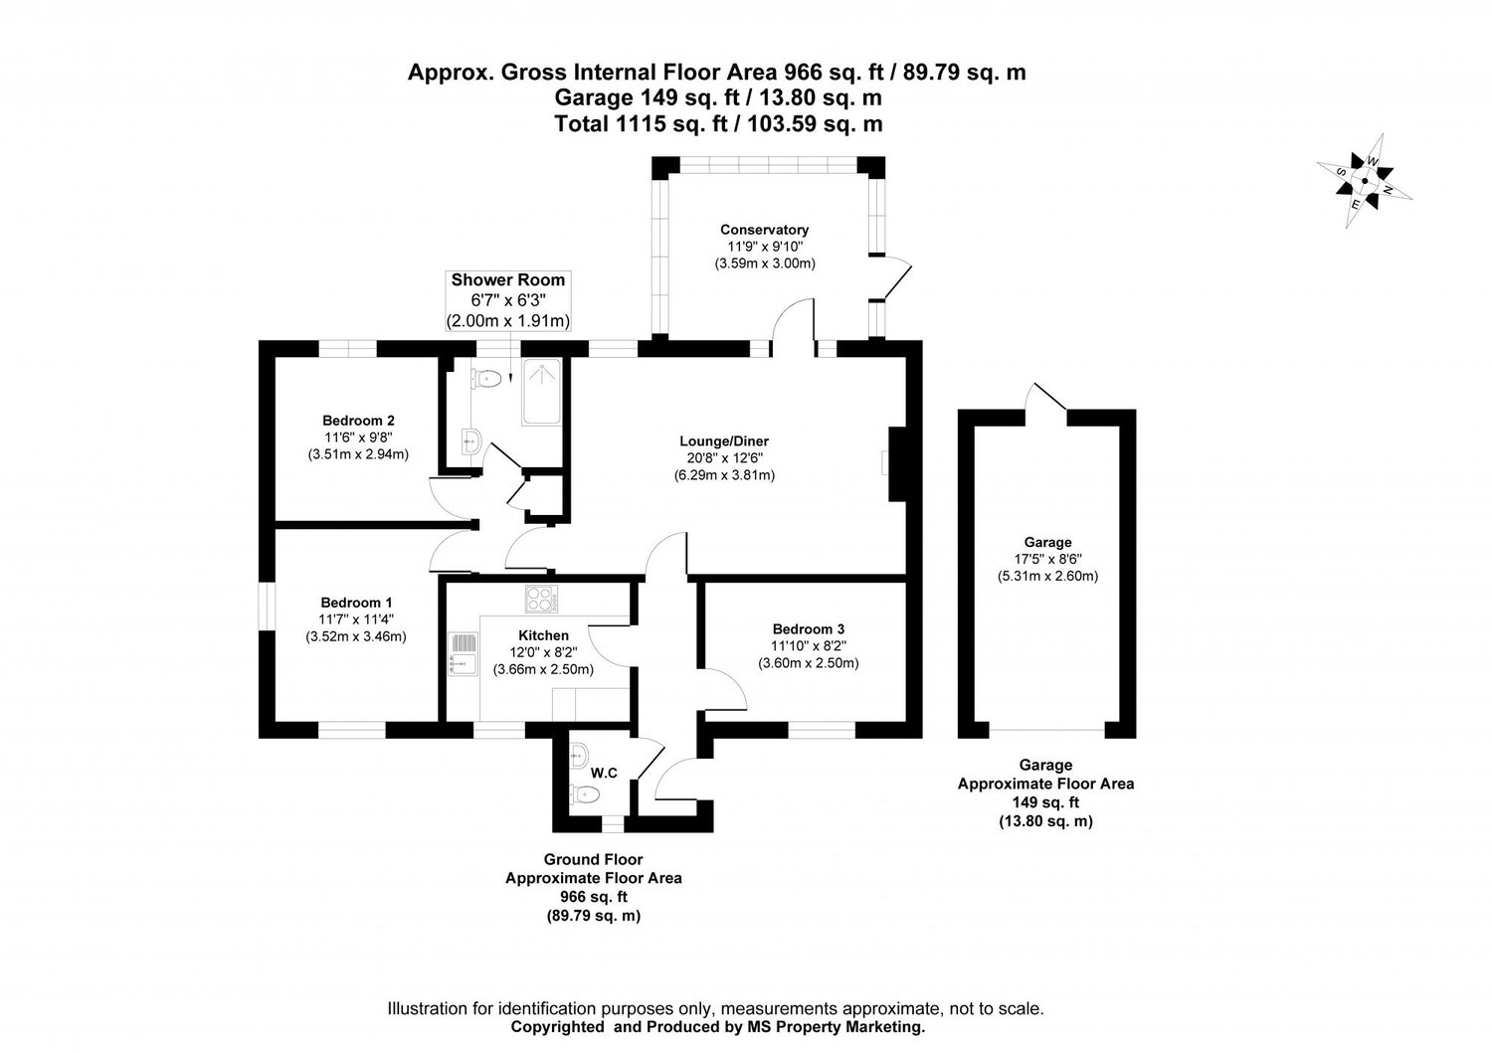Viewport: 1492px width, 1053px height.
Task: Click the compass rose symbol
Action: coord(1366,182)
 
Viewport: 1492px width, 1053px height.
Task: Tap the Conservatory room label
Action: coord(764,230)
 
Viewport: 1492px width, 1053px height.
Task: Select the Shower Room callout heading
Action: coord(507,280)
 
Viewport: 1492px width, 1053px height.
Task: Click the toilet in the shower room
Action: coord(485,378)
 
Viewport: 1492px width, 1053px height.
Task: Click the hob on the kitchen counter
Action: coord(542,599)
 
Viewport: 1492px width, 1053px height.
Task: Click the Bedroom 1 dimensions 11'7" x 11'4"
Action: coord(356,619)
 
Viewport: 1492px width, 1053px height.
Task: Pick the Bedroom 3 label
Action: coord(808,628)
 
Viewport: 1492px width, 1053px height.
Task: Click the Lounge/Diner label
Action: coord(724,441)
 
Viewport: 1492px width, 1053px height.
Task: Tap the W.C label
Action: coord(604,773)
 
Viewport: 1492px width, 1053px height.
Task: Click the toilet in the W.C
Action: coord(587,793)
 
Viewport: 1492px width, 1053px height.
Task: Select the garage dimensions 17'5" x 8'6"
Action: coord(1047,559)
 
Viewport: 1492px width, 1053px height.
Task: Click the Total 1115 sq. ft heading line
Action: coord(717,124)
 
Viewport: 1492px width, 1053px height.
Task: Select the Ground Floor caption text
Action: coord(593,860)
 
